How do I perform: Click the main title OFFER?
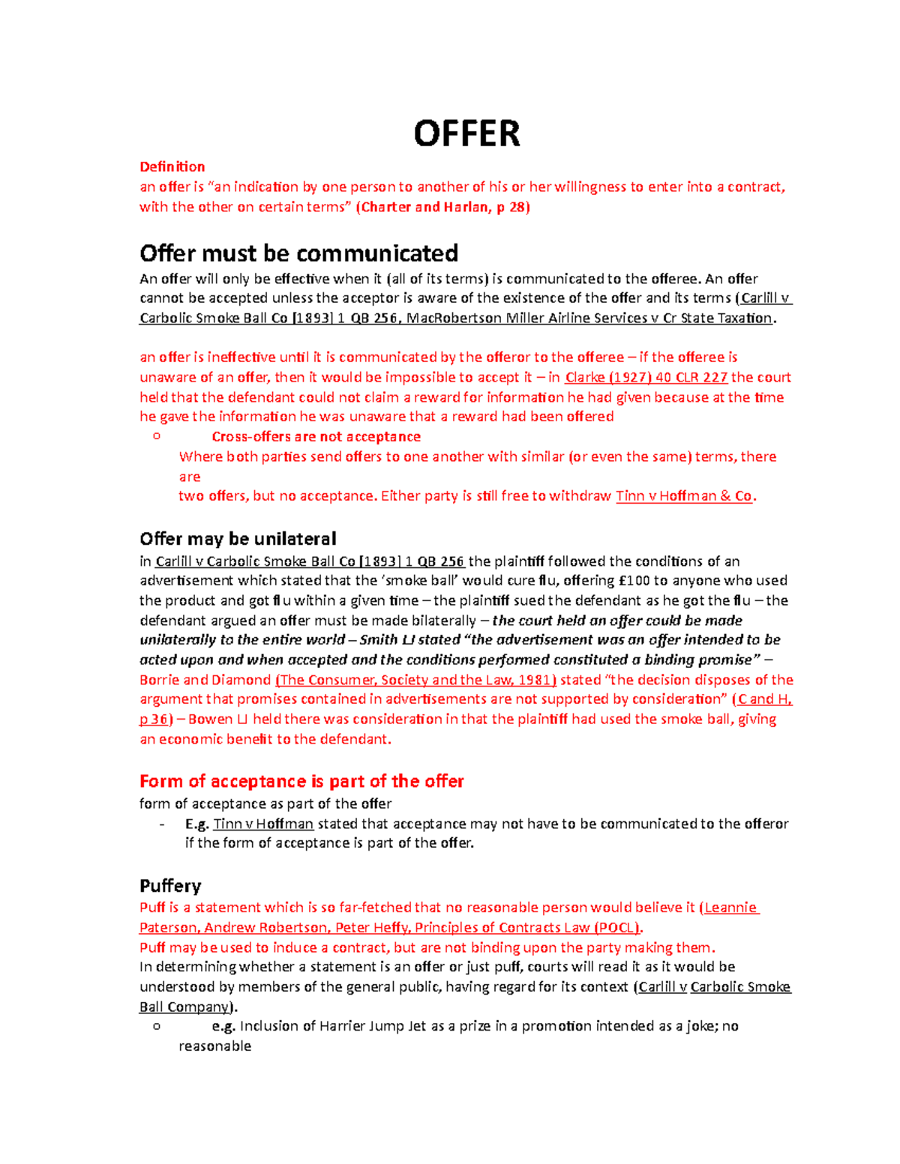[466, 134]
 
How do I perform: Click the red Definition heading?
[172, 166]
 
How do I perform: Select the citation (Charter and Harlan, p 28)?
[442, 207]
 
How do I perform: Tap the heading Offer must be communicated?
[298, 253]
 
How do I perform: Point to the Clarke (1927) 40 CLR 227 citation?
[646, 377]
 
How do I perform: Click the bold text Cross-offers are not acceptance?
[316, 436]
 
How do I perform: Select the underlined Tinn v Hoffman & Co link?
[684, 495]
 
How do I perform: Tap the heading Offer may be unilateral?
[238, 539]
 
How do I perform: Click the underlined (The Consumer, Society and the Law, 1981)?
[416, 680]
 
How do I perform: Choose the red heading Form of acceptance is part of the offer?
[301, 781]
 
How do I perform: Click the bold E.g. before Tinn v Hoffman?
[196, 824]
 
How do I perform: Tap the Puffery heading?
[170, 886]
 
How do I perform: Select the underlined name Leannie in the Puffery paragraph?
[730, 908]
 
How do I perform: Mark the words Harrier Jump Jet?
[365, 1026]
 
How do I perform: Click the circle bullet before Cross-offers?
[156, 435]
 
